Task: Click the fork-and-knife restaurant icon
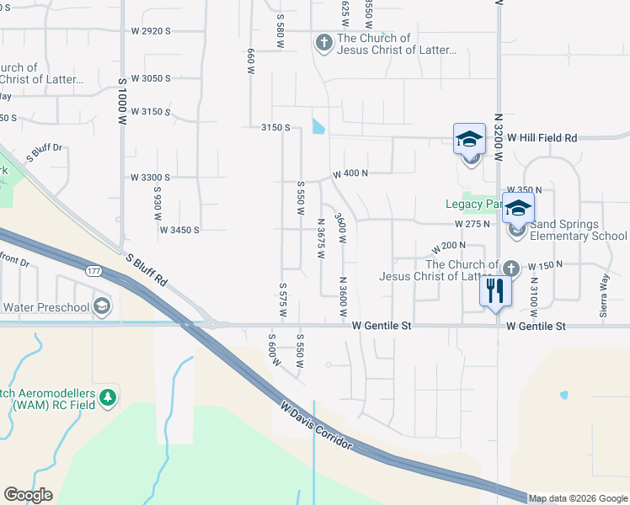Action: pos(495,291)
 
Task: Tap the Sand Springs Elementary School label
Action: pos(577,231)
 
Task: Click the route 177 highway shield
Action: pos(93,270)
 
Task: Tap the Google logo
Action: pos(28,495)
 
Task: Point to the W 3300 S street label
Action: pos(150,178)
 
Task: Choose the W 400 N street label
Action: pos(351,173)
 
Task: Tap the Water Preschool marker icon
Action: pos(102,306)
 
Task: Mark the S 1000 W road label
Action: pos(122,101)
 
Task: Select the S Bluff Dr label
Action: pos(45,152)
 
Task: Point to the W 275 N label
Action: pos(472,225)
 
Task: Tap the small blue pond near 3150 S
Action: pos(318,126)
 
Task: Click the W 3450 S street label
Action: pos(179,229)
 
